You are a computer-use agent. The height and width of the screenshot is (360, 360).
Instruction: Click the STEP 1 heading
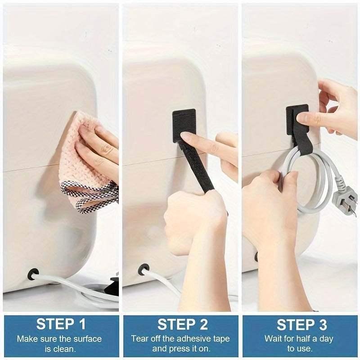click(61, 324)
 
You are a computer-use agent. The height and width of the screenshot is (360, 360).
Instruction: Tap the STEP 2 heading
click(180, 324)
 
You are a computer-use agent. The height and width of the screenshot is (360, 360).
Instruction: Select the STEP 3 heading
click(300, 324)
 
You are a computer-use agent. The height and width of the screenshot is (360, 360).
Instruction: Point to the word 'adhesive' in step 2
click(189, 338)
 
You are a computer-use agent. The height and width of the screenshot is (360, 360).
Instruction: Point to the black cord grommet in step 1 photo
click(33, 274)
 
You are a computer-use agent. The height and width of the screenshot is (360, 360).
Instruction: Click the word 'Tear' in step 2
click(139, 338)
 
